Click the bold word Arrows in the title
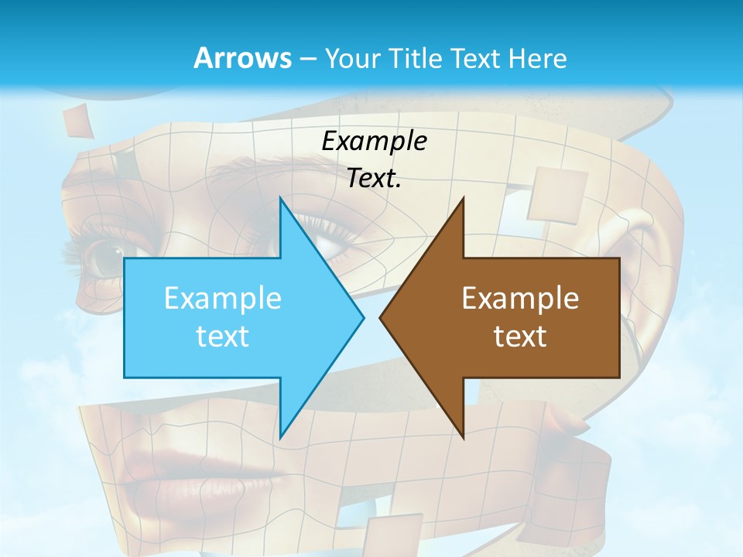241,58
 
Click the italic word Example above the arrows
374,141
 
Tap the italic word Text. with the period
374,179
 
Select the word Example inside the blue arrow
223,298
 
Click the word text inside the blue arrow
223,336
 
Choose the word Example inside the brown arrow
520,298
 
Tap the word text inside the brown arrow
520,336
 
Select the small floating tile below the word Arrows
77,121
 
